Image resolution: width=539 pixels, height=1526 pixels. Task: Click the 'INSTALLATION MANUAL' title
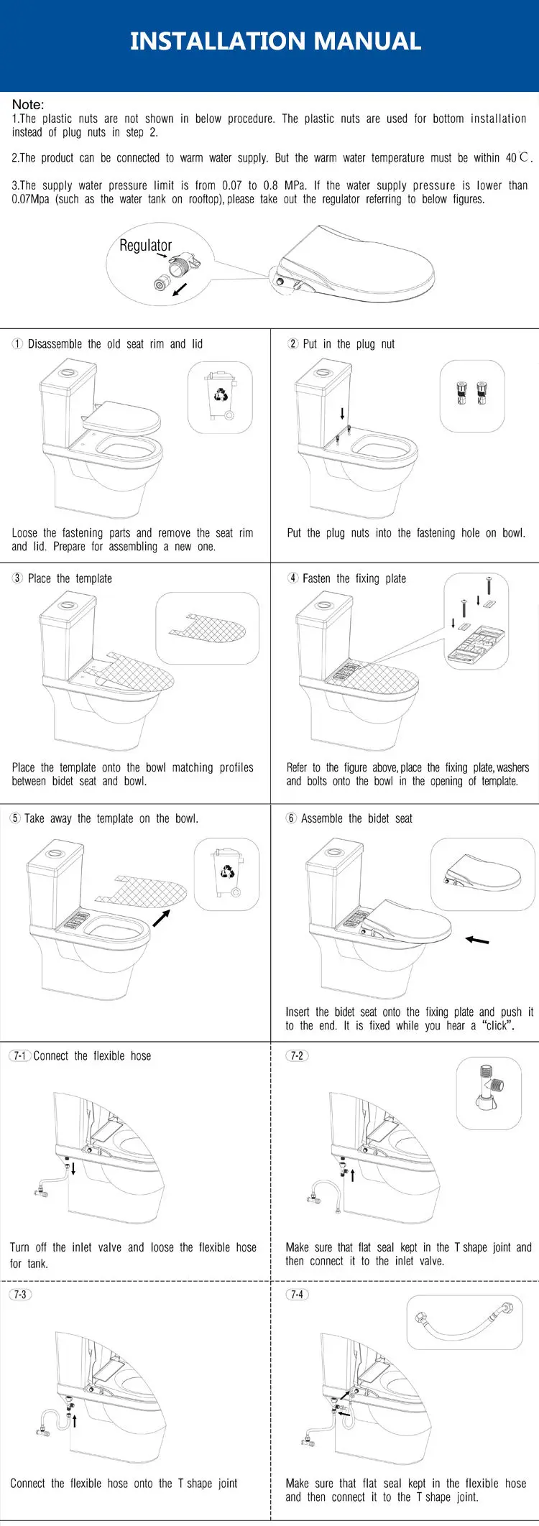point(275,41)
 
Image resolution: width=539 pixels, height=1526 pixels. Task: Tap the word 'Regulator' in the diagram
point(146,245)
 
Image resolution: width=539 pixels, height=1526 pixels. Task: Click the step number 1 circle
point(17,344)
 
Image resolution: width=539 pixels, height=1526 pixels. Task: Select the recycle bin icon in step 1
point(220,397)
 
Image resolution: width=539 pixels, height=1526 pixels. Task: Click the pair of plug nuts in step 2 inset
point(471,394)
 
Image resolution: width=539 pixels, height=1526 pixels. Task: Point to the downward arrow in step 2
point(342,414)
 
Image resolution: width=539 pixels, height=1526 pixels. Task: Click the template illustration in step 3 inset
point(208,627)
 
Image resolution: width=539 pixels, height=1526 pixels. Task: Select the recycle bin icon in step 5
point(227,873)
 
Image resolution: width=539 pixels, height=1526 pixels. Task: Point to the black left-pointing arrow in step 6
point(477,939)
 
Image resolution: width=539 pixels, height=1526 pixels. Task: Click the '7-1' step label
point(20,1055)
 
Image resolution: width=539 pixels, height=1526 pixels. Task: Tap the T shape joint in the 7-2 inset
point(489,1089)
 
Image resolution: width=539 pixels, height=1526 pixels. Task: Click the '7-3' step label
point(20,1294)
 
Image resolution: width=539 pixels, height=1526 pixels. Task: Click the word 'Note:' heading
point(28,104)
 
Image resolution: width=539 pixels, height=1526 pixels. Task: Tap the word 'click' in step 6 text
point(497,1025)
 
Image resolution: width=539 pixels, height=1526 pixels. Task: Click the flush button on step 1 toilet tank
point(68,372)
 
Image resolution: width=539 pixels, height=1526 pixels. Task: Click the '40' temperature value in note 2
point(511,157)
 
